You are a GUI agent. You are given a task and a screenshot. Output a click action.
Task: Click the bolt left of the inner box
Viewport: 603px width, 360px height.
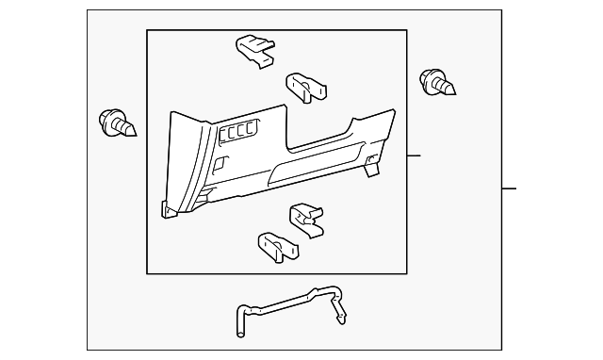tap(115, 122)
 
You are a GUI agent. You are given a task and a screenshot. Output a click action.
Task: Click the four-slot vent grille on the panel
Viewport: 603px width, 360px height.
tap(239, 134)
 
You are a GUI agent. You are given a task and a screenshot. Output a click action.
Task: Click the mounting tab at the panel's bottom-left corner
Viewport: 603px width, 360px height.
tap(169, 210)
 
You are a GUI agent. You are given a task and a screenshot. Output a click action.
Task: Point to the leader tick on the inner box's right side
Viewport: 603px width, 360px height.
tap(415, 155)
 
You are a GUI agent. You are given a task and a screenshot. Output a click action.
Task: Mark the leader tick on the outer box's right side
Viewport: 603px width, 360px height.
tap(509, 188)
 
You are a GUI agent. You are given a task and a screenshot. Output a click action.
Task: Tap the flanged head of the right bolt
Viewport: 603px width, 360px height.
tap(429, 80)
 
